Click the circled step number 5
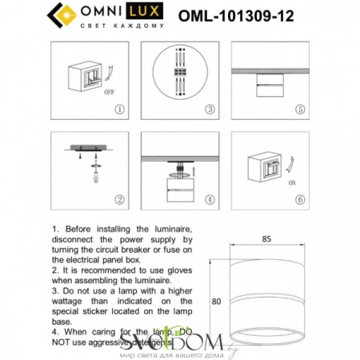click(x=299, y=108)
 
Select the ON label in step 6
click(x=288, y=180)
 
